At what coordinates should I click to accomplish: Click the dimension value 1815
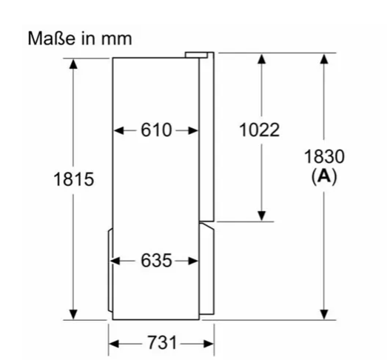click(73, 179)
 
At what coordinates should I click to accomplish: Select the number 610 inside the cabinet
click(156, 130)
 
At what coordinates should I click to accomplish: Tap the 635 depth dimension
click(156, 261)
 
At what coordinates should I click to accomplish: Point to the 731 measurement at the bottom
click(162, 343)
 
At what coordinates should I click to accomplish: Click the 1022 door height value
click(260, 130)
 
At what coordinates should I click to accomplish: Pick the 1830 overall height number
click(324, 156)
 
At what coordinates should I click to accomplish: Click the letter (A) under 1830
click(324, 176)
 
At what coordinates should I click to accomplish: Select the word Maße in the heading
click(51, 39)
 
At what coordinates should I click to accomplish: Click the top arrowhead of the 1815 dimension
click(73, 64)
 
